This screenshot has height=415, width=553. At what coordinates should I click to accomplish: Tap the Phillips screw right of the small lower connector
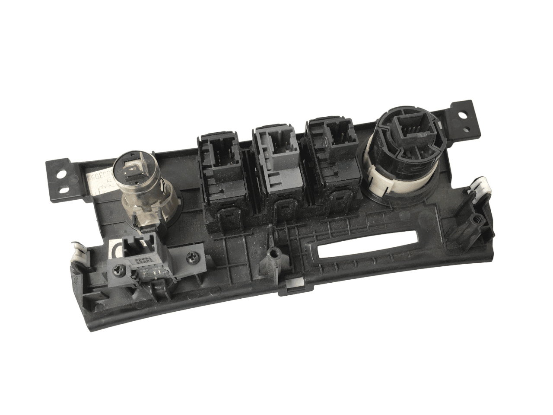(x=191, y=259)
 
